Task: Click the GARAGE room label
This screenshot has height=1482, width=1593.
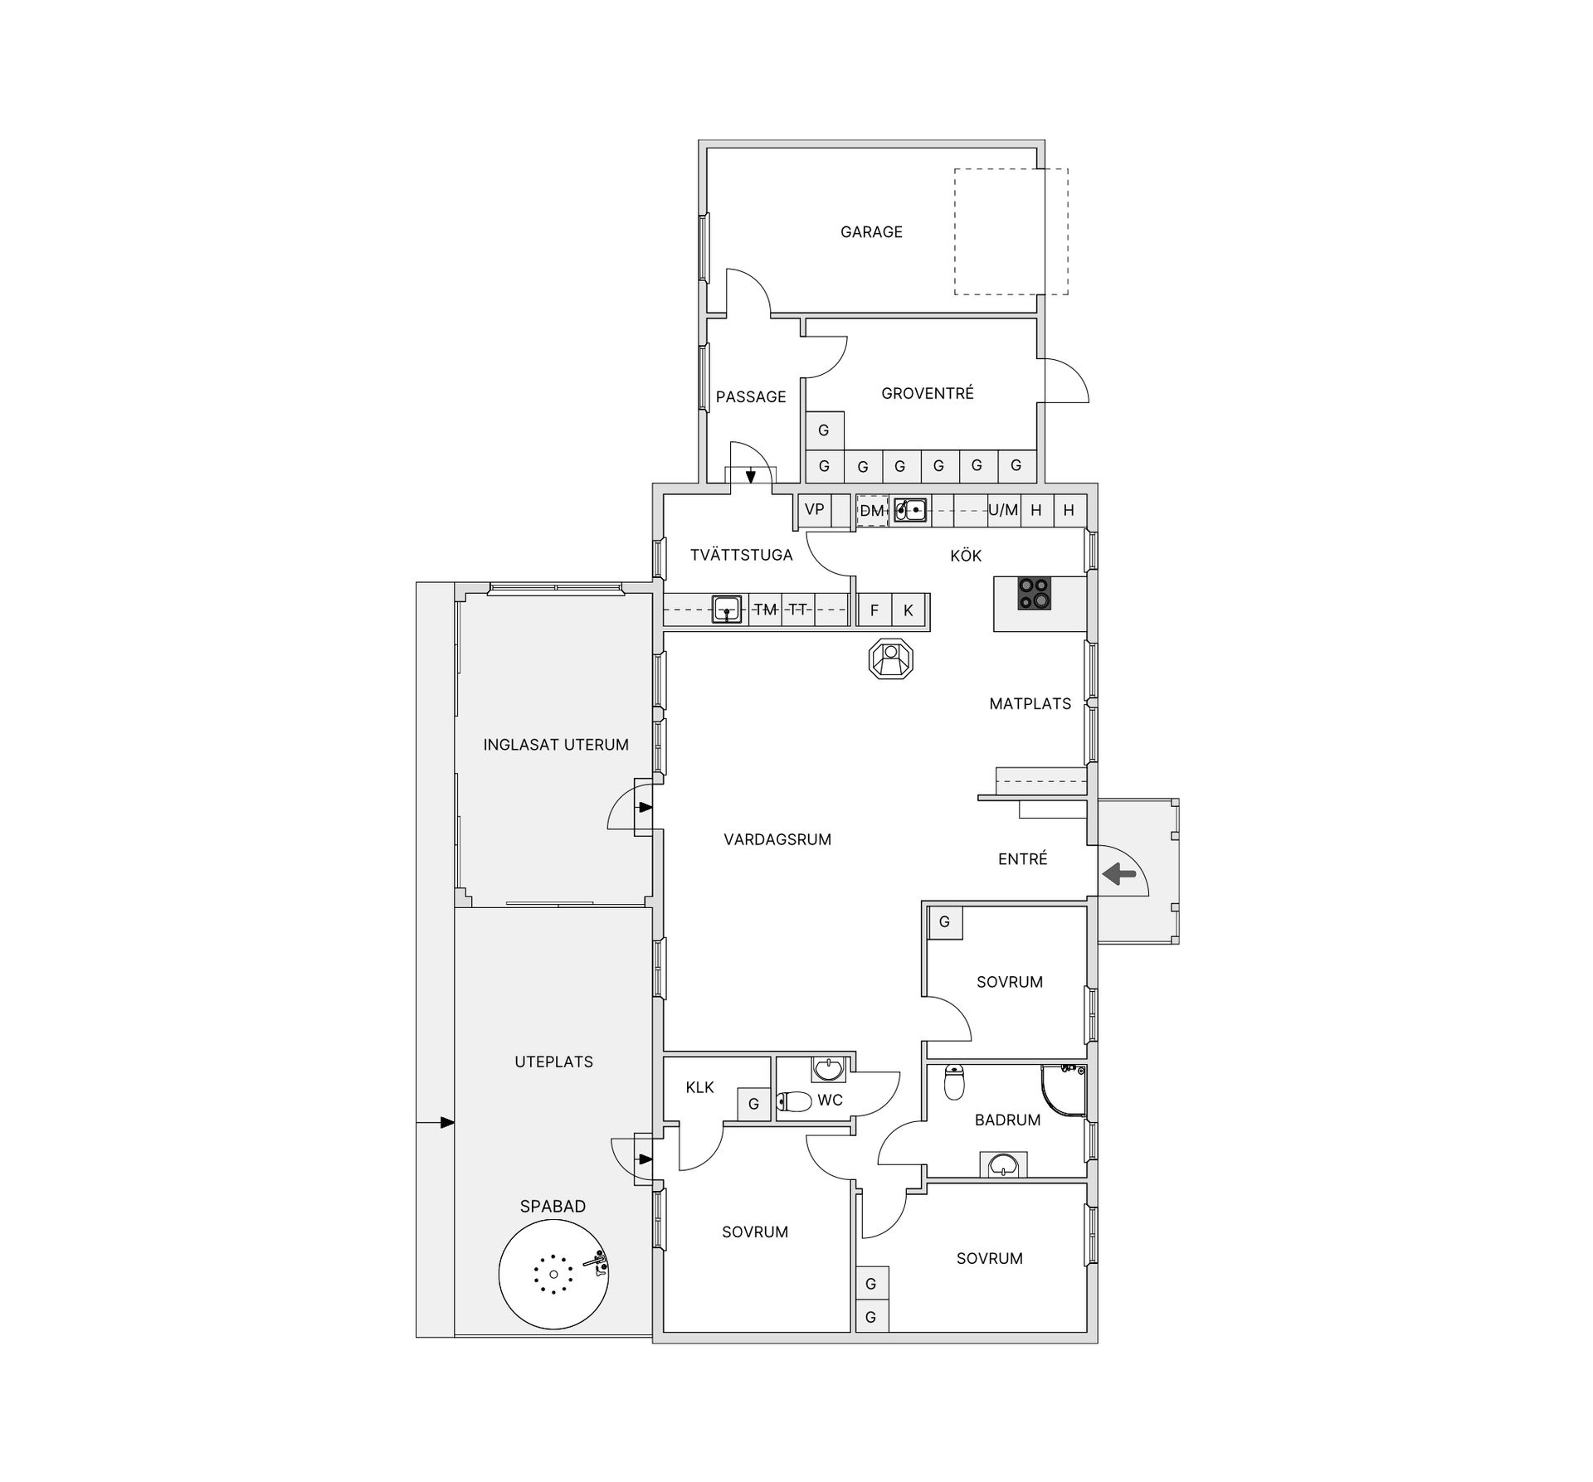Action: tap(871, 232)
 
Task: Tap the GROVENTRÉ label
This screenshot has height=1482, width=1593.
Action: tap(928, 393)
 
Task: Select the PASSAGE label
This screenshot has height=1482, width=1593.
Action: tap(751, 397)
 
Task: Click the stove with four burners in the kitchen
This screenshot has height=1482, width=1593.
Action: tap(1035, 593)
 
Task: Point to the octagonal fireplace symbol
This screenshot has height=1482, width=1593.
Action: tap(891, 660)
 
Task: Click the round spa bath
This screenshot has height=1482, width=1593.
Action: tap(553, 1274)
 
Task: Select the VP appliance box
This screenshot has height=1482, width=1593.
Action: tap(815, 510)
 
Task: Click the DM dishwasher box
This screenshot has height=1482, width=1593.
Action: tap(872, 511)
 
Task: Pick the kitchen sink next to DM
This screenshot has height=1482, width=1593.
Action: tap(910, 510)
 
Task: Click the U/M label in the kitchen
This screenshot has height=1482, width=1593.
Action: tap(1003, 511)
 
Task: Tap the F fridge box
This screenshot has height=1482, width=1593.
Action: tap(874, 610)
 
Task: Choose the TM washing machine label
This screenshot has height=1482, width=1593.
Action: tap(765, 610)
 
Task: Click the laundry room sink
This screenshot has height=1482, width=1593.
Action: tap(728, 610)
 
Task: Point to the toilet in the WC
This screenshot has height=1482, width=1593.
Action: tap(794, 1101)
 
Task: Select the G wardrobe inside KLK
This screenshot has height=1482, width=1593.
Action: tap(754, 1104)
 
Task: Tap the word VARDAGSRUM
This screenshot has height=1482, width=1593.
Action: tap(777, 839)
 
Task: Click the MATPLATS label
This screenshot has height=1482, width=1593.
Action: tap(1030, 704)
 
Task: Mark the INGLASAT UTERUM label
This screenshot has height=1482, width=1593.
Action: tap(556, 745)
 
